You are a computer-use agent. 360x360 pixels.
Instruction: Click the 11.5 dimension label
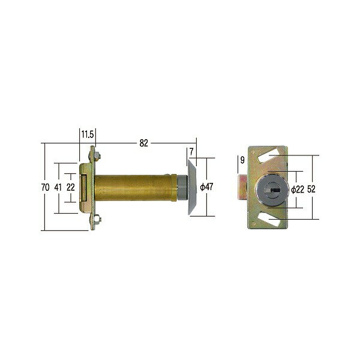88,134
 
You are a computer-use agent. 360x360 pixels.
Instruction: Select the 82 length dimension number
144,143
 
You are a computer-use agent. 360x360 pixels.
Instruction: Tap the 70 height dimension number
45,187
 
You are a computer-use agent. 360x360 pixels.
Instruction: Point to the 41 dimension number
58,187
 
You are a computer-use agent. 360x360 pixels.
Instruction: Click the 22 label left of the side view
70,187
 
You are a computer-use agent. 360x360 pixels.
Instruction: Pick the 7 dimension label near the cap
191,152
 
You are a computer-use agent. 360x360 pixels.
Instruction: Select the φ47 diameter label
206,187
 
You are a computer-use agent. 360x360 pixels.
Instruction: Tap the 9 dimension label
242,160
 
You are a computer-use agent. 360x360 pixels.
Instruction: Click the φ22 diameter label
298,190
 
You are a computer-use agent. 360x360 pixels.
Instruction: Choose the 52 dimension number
311,189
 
